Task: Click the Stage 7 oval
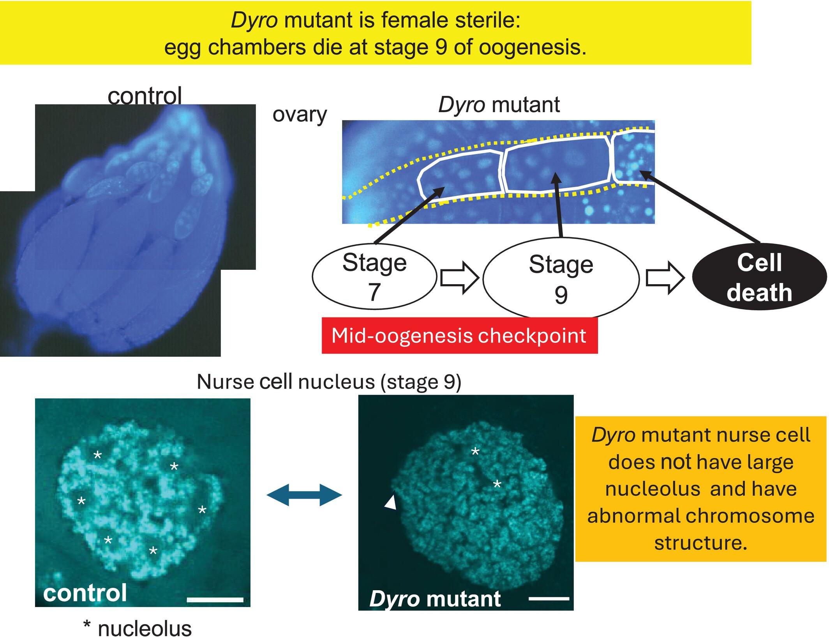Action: click(374, 276)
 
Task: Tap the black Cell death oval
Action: click(759, 277)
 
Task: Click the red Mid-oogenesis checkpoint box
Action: click(459, 336)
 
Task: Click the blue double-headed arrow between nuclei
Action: click(304, 495)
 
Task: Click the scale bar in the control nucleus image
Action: click(215, 599)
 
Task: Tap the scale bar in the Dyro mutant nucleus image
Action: click(549, 598)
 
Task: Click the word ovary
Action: click(300, 114)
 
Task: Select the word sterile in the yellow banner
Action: click(489, 20)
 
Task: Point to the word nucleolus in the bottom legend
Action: click(145, 628)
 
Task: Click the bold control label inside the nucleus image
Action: click(85, 593)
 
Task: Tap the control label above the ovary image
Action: click(145, 96)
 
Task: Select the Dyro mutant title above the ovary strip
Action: click(499, 104)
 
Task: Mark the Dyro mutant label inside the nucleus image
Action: click(435, 598)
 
